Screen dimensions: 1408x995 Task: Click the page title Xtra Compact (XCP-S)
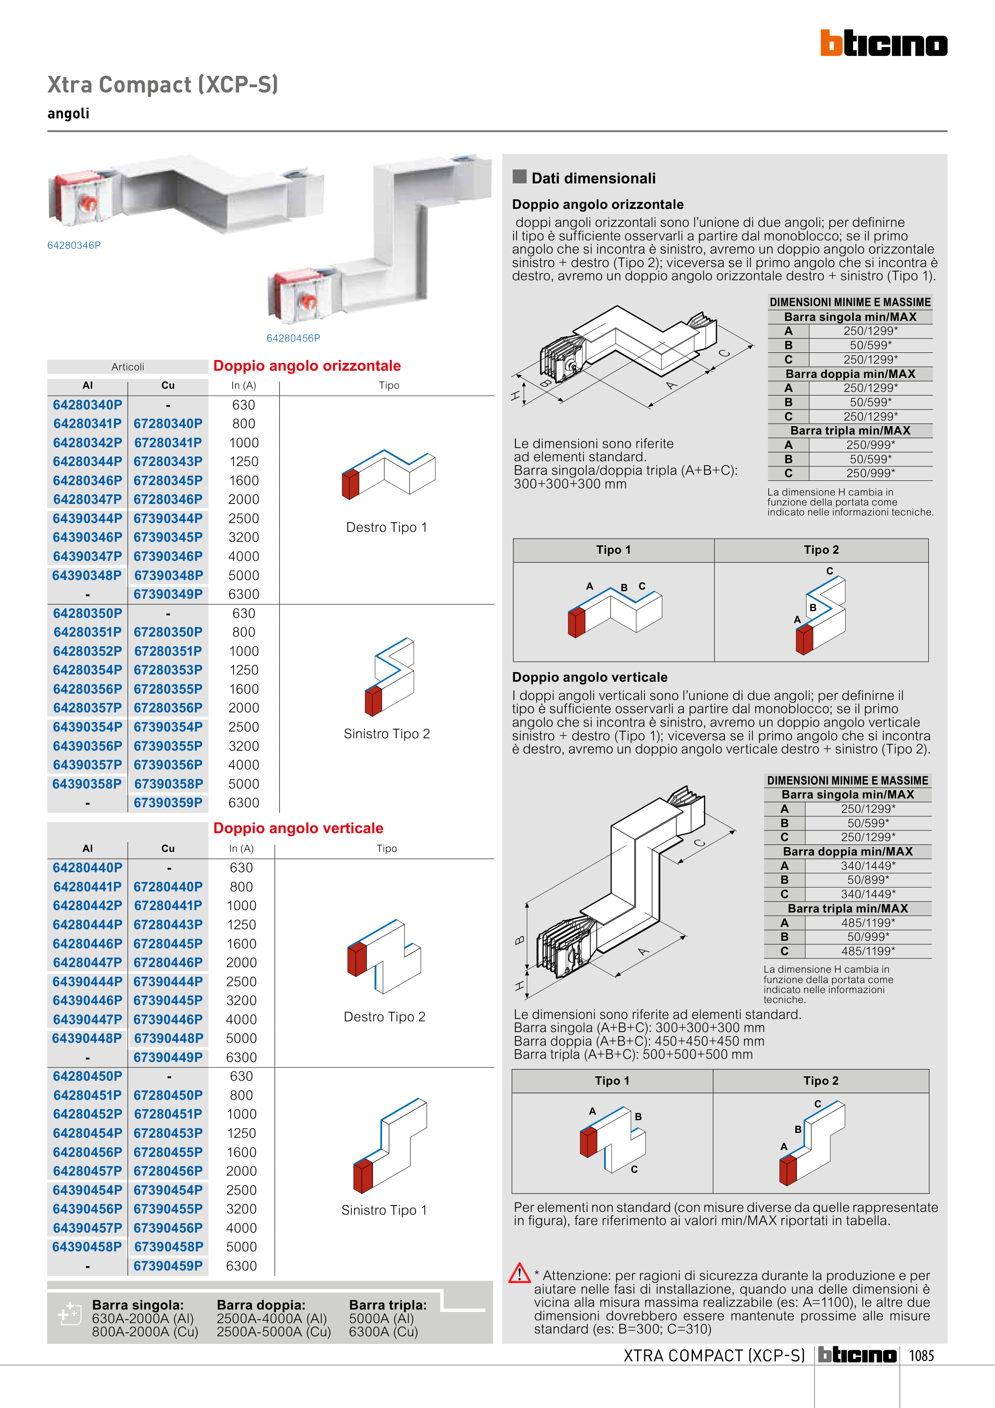coord(163,85)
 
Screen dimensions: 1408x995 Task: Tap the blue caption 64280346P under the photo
coord(74,245)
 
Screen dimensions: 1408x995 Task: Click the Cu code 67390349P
coord(168,594)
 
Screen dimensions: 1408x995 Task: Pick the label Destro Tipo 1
coord(386,527)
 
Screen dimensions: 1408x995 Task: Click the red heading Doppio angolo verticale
coord(298,828)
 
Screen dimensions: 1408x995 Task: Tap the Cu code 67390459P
coord(168,1266)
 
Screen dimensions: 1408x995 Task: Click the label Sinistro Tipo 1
coord(384,1210)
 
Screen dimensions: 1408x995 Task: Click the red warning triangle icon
coord(519,1273)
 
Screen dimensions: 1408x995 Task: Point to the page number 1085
coord(921,1355)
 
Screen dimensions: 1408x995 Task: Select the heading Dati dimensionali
coord(593,179)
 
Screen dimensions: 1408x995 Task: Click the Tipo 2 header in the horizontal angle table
coord(821,550)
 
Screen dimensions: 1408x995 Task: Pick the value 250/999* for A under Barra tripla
coord(871,444)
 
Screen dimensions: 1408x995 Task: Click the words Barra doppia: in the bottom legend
coord(261,1305)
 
